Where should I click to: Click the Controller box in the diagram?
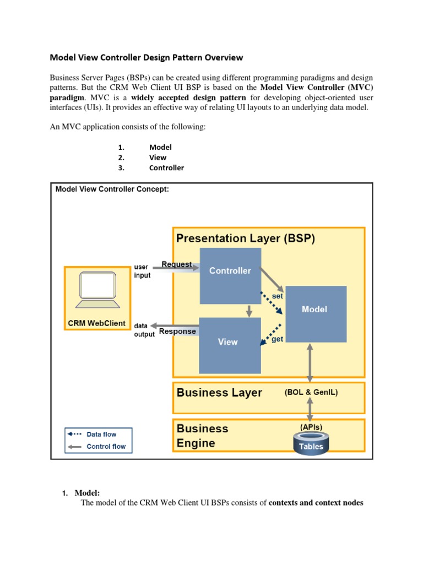point(230,275)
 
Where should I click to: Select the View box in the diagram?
point(230,345)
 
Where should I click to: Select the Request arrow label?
point(177,264)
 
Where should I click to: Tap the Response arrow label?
point(177,332)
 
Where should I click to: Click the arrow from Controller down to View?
point(249,311)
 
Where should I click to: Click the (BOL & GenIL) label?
point(311,393)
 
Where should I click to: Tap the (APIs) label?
point(311,427)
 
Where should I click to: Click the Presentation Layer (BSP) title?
point(246,238)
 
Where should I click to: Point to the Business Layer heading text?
point(219,393)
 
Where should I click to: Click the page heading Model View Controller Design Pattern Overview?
point(147,57)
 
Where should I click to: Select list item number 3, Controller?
point(166,168)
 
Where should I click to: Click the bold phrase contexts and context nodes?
point(316,502)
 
